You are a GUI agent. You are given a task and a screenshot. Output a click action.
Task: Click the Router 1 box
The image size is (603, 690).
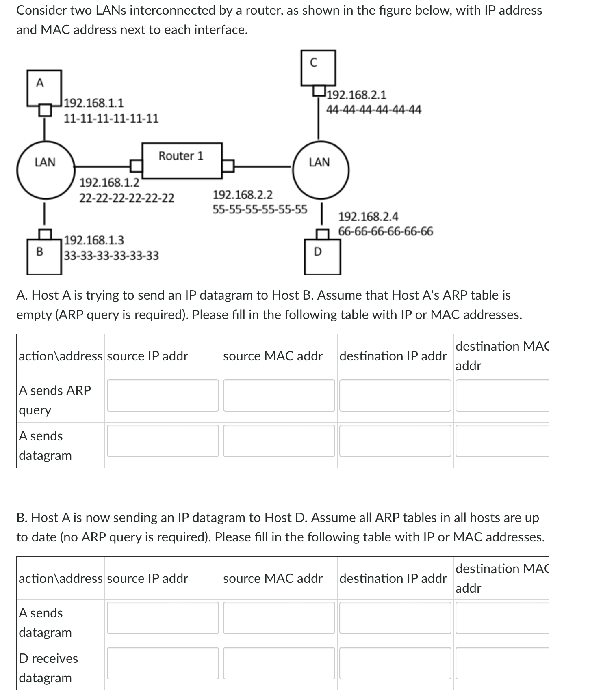click(x=182, y=160)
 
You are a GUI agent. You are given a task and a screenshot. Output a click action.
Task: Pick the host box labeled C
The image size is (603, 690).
click(x=318, y=67)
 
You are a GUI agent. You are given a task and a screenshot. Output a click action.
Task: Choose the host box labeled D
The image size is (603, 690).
click(x=323, y=257)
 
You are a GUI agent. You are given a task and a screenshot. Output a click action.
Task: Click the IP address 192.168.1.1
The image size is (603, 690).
click(x=94, y=103)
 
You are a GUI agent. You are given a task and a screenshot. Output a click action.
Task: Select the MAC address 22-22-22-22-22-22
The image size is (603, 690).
click(x=126, y=198)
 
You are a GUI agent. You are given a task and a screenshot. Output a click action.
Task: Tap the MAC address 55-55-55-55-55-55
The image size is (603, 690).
click(x=260, y=210)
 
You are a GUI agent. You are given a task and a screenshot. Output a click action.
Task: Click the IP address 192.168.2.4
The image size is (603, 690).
click(x=368, y=216)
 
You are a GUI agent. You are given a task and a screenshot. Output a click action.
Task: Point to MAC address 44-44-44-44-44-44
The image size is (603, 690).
click(x=373, y=110)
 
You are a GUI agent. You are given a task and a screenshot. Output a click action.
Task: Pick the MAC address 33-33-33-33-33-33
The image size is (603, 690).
click(x=111, y=256)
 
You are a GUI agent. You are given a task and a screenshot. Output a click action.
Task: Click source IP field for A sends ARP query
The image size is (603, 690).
click(x=163, y=395)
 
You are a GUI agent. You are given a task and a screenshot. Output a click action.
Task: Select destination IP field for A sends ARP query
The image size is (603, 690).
click(x=395, y=395)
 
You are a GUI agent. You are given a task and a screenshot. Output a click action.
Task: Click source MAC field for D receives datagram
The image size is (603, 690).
click(x=279, y=663)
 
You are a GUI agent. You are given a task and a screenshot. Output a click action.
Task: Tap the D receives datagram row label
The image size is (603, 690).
click(x=48, y=668)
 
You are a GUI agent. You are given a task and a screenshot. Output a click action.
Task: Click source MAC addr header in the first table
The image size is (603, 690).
click(x=273, y=356)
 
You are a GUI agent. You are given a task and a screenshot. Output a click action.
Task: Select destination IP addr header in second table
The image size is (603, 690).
click(x=393, y=578)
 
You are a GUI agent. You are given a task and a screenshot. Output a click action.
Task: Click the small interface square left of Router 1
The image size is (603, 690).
click(x=136, y=166)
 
